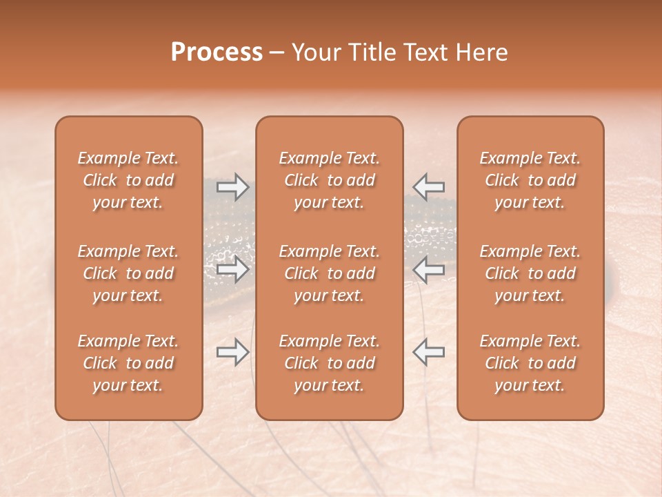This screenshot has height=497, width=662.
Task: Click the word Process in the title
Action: pyautogui.click(x=217, y=52)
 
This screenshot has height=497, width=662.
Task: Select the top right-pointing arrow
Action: pyautogui.click(x=233, y=187)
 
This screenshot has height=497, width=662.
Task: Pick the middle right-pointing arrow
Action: pyautogui.click(x=233, y=269)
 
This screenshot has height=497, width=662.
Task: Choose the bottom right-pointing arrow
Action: pyautogui.click(x=233, y=352)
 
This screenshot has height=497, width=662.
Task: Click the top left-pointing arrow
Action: pyautogui.click(x=429, y=187)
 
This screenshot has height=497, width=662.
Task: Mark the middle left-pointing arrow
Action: pyautogui.click(x=429, y=269)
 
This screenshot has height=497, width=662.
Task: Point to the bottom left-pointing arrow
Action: pyautogui.click(x=429, y=352)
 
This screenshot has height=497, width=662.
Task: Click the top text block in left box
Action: pyautogui.click(x=128, y=180)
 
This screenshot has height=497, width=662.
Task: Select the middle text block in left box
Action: pyautogui.click(x=128, y=273)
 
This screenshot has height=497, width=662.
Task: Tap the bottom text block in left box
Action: pyautogui.click(x=128, y=363)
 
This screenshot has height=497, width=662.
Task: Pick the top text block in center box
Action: pyautogui.click(x=330, y=180)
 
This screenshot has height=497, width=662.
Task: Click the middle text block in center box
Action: pyautogui.click(x=330, y=273)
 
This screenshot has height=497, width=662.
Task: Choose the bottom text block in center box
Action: pyautogui.click(x=330, y=363)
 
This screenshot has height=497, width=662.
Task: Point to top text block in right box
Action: pyautogui.click(x=530, y=180)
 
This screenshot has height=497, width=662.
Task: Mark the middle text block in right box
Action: pyautogui.click(x=530, y=273)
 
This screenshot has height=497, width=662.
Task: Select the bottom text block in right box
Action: pyautogui.click(x=530, y=363)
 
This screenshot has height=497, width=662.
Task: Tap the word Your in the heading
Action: pyautogui.click(x=315, y=52)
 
